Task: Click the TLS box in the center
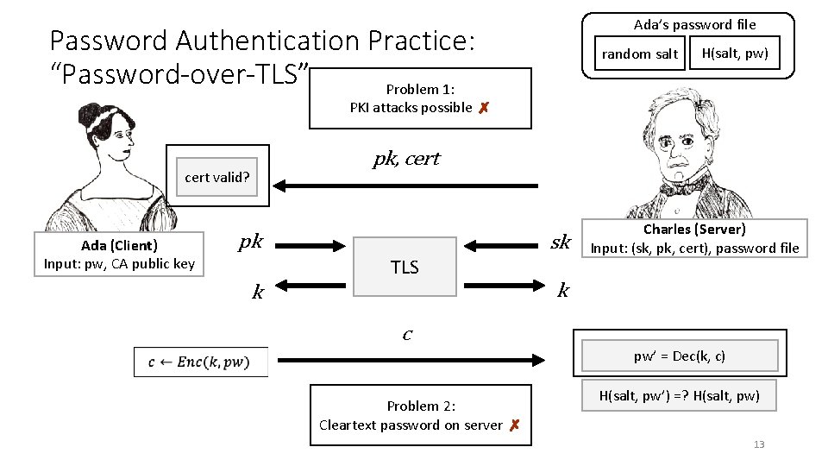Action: tap(405, 267)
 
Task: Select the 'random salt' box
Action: tap(639, 54)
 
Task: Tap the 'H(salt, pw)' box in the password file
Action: tap(734, 54)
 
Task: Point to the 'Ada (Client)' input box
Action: tap(119, 255)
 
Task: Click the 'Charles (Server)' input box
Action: tap(694, 239)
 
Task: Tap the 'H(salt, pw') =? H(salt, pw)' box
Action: tap(680, 395)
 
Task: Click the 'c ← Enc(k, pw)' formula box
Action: tap(201, 362)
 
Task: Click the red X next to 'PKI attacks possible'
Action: tap(484, 108)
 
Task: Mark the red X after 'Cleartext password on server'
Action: tap(513, 425)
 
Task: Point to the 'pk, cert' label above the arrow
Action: tap(406, 159)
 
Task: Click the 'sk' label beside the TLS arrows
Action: tap(561, 242)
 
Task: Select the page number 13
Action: tap(759, 444)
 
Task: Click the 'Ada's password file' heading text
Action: tap(694, 24)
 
